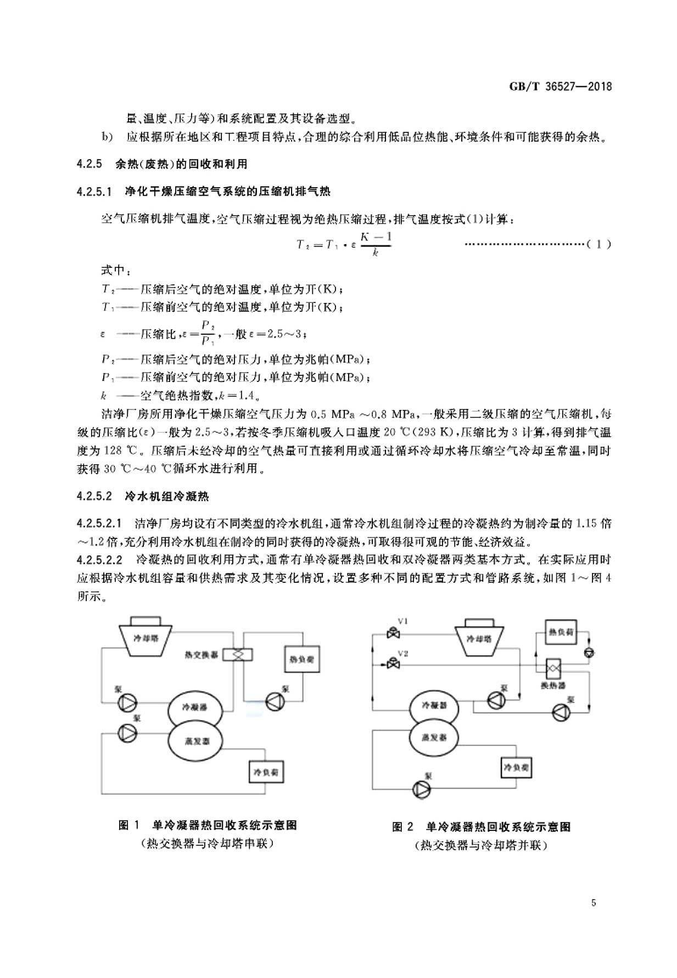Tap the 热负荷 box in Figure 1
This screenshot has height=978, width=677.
point(301,659)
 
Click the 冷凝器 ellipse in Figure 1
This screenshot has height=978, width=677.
point(195,708)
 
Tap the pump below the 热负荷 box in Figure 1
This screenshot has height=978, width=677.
point(273,702)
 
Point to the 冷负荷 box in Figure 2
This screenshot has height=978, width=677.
point(516,767)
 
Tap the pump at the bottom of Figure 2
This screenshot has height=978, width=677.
point(422,790)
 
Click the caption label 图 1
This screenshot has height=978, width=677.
point(130,825)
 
